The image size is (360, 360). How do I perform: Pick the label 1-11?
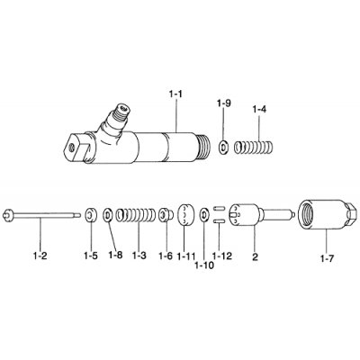(x=186, y=256)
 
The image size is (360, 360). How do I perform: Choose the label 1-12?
(x=220, y=256)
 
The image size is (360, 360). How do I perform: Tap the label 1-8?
(x=115, y=256)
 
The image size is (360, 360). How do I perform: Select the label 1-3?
(x=139, y=256)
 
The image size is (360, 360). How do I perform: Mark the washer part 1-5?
(x=92, y=215)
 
